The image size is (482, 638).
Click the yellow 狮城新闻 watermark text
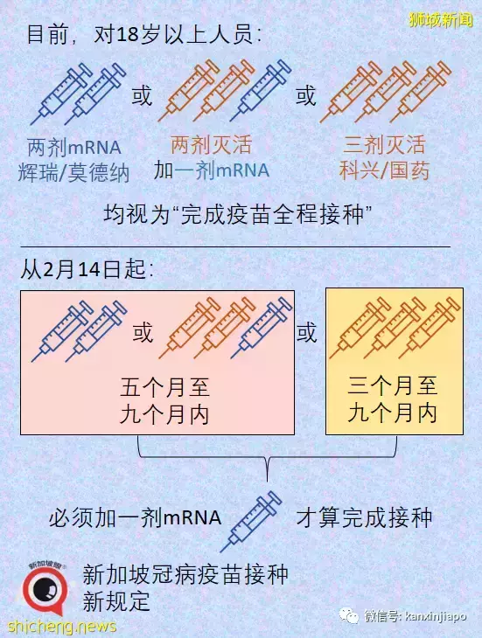coord(441,20)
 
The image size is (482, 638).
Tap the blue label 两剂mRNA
coord(74,147)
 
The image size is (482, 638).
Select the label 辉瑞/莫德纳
coord(73,172)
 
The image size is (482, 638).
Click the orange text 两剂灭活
coord(212,145)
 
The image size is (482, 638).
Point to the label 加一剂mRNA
coord(212,170)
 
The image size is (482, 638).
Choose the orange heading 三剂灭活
coord(384,145)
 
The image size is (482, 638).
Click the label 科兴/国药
coord(384,170)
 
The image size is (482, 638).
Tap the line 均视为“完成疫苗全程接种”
coord(238,213)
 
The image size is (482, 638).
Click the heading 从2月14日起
coord(87,269)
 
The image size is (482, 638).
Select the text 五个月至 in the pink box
coord(164,387)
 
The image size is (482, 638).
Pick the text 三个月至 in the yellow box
coord(393,385)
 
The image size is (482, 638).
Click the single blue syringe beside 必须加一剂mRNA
coord(251,521)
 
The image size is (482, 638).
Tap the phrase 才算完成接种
coord(364,517)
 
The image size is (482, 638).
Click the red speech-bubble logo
coord(45,590)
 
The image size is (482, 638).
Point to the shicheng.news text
coord(62,626)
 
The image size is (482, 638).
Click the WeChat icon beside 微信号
coord(349,615)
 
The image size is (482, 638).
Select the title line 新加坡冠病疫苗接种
coord(185,574)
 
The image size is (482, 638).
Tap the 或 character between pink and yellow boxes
coord(306,333)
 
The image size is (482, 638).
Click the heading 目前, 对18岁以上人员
coord(144,34)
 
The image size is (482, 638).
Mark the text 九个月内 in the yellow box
coord(393,413)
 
